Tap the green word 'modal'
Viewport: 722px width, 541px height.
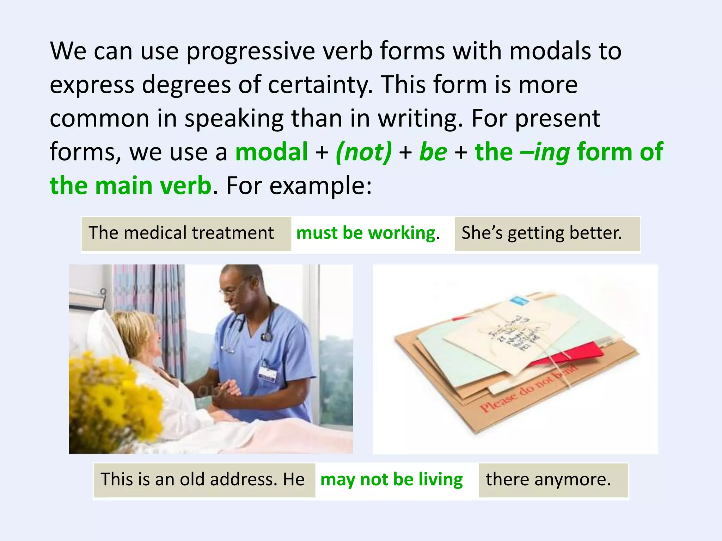point(271,152)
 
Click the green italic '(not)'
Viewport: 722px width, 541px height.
point(363,152)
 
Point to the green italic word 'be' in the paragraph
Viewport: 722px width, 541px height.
point(433,152)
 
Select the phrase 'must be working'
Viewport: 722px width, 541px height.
point(366,233)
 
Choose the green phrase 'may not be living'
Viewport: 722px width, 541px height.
point(391,480)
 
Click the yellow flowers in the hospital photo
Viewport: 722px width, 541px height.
point(113,394)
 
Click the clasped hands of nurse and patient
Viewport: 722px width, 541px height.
point(231,387)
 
